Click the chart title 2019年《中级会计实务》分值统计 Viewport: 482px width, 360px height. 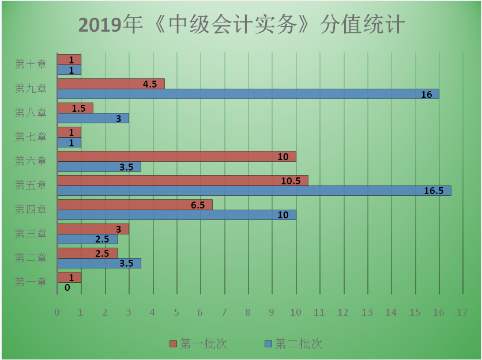point(242,25)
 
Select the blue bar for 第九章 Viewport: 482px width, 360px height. point(248,94)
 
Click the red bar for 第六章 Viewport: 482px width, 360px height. point(176,157)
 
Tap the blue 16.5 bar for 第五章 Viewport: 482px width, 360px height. point(254,191)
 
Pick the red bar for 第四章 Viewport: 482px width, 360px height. point(134,204)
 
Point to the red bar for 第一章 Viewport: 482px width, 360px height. point(69,277)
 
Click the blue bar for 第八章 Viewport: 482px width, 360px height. point(93,118)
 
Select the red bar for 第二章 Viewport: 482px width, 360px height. point(87,253)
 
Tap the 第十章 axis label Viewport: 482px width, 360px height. point(31,64)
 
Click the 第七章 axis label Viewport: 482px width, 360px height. point(31,137)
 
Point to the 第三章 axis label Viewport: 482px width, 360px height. point(31,233)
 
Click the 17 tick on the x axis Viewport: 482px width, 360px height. point(462,312)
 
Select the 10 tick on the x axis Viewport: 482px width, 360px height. point(296,312)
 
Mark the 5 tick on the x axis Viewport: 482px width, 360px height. point(176,312)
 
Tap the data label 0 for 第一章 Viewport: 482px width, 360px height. point(67,287)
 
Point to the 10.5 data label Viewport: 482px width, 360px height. point(291,181)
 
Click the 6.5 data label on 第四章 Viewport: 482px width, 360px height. point(198,205)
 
